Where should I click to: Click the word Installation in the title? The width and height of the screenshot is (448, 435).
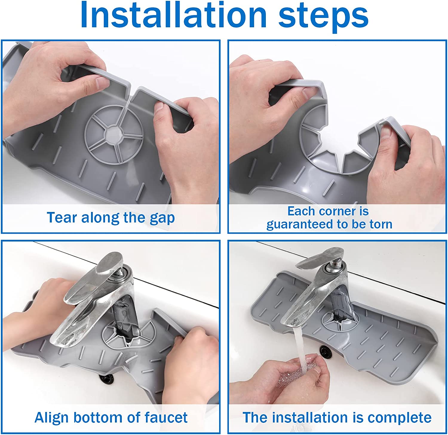coord(174,15)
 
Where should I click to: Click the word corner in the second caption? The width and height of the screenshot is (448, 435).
coord(336,211)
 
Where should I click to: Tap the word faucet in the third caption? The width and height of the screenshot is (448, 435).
coord(166,417)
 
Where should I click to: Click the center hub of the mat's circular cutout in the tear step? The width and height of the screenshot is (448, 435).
coord(113,134)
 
